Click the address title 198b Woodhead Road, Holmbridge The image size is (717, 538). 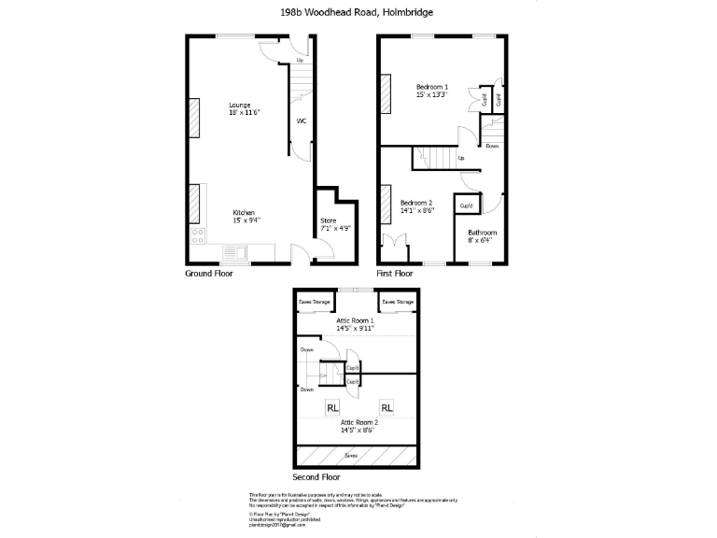coord(358,12)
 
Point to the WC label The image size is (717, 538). coord(302,121)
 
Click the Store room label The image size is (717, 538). coord(330,223)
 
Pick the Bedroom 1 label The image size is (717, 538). coord(432,91)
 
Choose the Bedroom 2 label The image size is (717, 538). coord(416,206)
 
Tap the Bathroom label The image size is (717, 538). coord(482,236)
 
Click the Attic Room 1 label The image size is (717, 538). coord(355,324)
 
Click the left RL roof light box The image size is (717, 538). coord(332,407)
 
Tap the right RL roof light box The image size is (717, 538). coord(387,407)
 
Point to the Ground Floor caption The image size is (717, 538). coord(210,274)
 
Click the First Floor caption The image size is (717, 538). coord(394,274)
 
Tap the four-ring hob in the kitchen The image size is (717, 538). coord(198,235)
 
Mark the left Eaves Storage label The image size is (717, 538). coord(314,302)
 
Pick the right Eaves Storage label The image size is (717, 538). coord(397,302)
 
